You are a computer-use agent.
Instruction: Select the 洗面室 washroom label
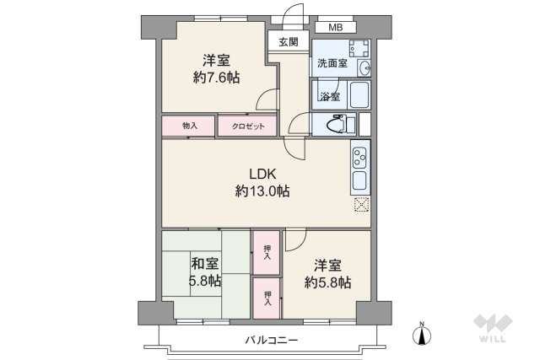332,63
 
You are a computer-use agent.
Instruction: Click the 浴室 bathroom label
329,96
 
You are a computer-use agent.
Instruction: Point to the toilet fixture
335,126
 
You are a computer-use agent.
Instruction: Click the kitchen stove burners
359,156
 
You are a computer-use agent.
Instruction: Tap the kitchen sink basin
359,180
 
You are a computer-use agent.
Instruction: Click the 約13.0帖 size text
262,192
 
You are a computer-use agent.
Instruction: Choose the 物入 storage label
190,126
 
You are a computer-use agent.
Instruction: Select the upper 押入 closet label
267,251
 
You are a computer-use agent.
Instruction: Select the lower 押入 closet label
267,297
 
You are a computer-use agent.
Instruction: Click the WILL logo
494,330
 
